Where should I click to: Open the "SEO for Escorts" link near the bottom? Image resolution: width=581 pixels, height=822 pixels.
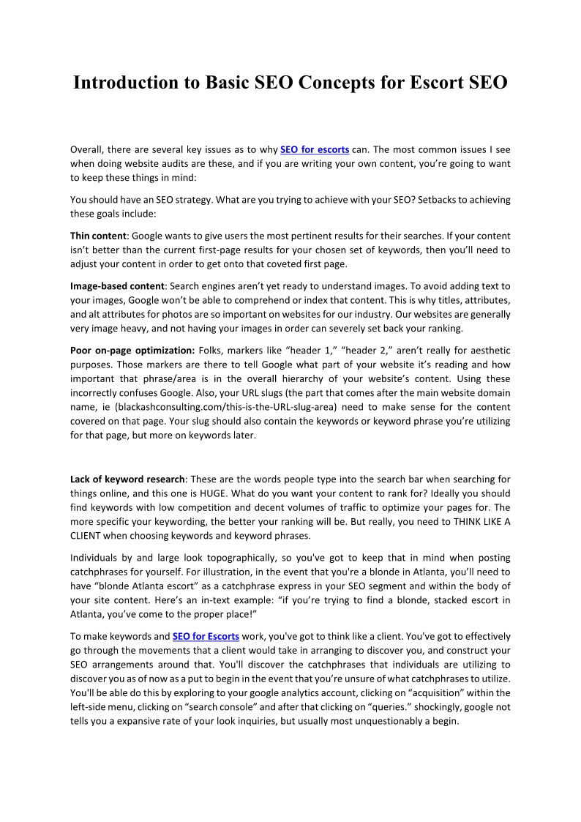206,637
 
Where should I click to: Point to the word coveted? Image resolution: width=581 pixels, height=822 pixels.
289,264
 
